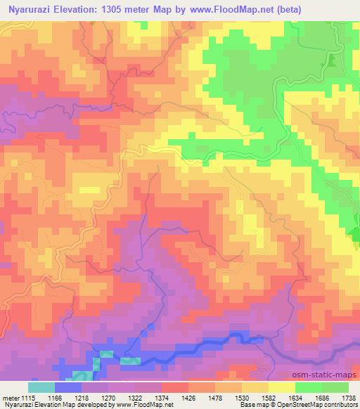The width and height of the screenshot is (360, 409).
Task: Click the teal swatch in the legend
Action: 41,387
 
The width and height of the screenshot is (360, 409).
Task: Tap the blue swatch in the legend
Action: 67,387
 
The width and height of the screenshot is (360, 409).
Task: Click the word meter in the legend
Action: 11,397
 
